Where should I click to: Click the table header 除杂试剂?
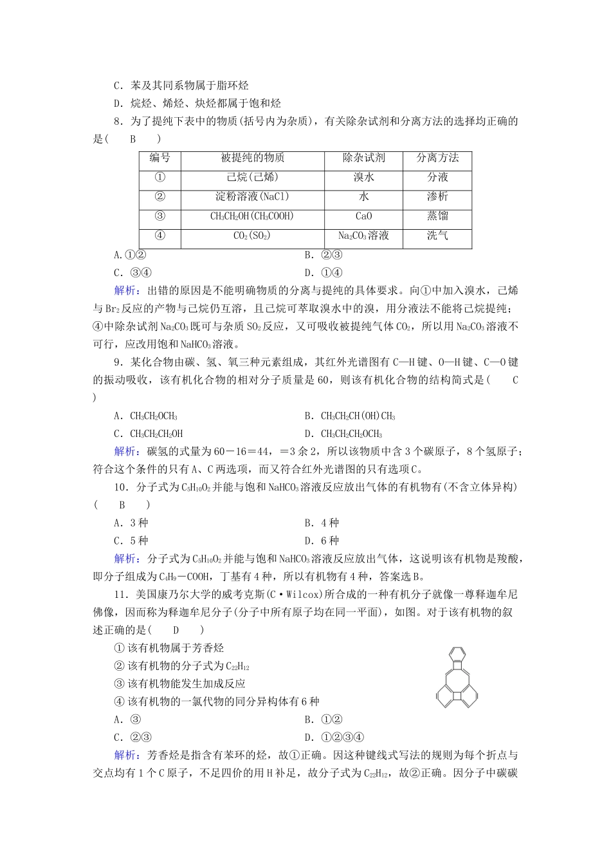364,158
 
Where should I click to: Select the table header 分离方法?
437,158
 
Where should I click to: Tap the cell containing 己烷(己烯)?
252,178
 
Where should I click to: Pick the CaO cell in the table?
364,216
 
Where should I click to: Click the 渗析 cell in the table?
437,197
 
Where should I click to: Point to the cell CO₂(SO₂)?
252,236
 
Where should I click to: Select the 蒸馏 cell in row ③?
437,216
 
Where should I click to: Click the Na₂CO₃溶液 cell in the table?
364,236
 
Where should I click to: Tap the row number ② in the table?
160,197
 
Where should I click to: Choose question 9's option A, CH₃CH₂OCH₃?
146,416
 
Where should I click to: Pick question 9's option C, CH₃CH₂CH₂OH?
149,434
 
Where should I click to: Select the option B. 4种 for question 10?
322,523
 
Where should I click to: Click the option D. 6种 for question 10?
322,541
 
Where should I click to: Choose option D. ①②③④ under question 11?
334,738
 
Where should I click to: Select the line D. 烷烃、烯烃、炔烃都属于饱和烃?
197,103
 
